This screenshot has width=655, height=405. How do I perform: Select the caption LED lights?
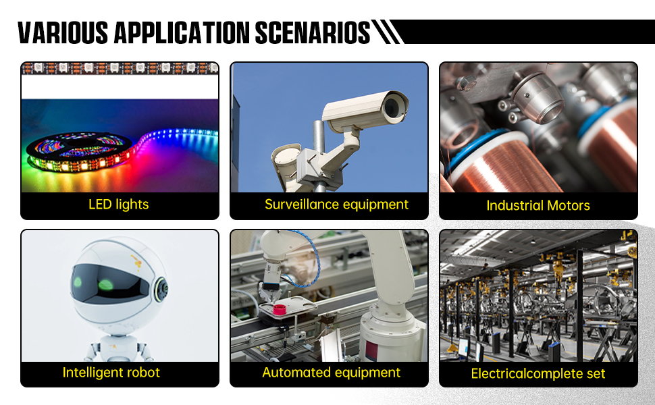pos(119,204)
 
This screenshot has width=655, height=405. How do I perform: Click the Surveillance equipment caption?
pos(336,204)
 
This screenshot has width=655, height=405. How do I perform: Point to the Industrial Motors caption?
pos(538,205)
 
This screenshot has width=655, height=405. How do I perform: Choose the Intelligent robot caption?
pos(111,372)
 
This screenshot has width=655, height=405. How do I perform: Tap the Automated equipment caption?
pos(331,372)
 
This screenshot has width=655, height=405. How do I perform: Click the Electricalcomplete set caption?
pos(538,373)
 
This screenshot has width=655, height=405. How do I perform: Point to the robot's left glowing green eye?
pos(78,281)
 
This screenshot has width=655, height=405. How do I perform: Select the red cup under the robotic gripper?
pos(279,311)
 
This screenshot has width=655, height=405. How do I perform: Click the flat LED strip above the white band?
pos(120,67)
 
